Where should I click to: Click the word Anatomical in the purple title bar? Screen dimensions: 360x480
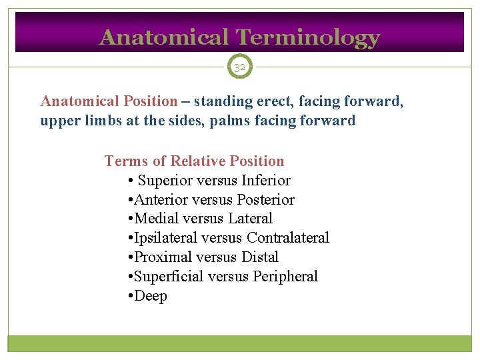click(x=163, y=38)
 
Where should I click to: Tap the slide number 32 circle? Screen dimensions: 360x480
click(x=240, y=67)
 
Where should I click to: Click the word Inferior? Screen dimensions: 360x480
click(x=266, y=181)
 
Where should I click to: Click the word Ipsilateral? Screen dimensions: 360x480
click(x=166, y=238)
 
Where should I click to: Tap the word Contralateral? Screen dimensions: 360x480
click(x=288, y=238)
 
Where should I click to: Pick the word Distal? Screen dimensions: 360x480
click(x=261, y=257)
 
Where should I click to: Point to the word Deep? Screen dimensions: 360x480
click(x=151, y=296)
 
